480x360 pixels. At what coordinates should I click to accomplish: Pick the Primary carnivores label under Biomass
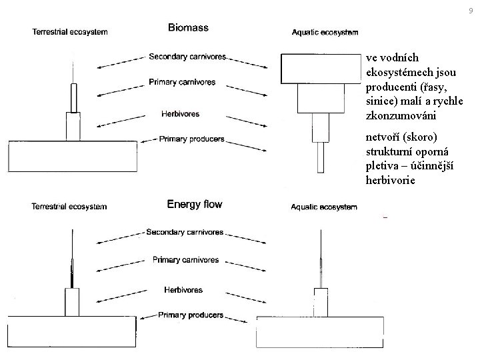[x=183, y=83]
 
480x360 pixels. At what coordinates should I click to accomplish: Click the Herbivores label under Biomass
[x=180, y=114]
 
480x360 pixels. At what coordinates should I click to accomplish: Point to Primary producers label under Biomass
[x=191, y=139]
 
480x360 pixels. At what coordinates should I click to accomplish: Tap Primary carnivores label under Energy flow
[x=185, y=259]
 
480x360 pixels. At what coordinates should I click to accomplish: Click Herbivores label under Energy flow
[x=183, y=290]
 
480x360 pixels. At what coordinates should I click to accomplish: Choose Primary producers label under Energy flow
[x=191, y=315]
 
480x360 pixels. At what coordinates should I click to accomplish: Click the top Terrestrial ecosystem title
[x=69, y=31]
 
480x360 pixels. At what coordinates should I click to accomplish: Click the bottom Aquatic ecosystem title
[x=324, y=207]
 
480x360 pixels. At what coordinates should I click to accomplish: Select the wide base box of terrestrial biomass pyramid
[x=71, y=156]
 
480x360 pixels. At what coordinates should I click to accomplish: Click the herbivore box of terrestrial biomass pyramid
[x=72, y=126]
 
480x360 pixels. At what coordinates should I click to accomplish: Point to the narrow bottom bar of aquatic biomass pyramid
[x=321, y=157]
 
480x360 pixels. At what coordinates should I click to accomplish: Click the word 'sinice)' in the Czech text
[x=381, y=101]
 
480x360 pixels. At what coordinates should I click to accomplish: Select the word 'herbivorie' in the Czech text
[x=390, y=180]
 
